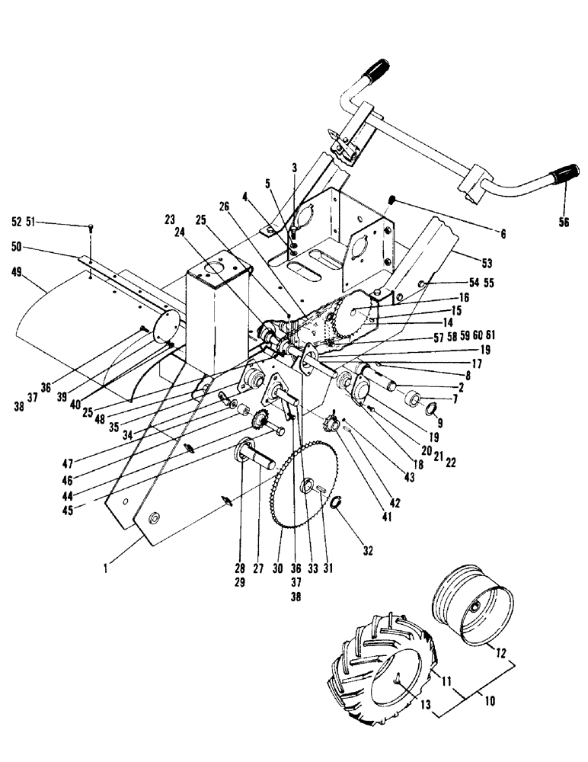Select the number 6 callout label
click(x=503, y=233)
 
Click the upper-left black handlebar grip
click(x=375, y=73)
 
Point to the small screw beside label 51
click(x=91, y=226)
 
